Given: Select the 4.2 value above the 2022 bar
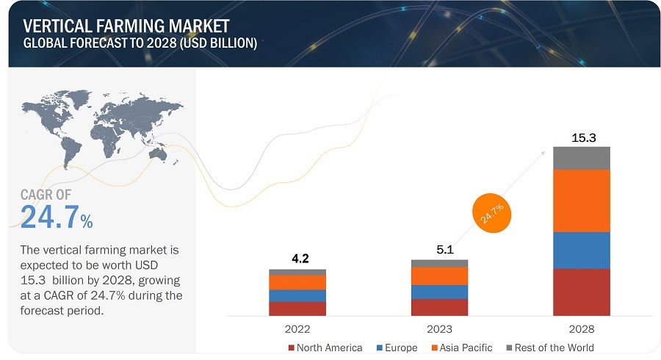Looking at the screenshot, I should (297, 259).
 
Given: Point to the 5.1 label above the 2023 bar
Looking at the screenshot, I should (439, 250).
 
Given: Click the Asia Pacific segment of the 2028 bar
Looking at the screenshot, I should (582, 201).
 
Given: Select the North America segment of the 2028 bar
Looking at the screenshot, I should (582, 292).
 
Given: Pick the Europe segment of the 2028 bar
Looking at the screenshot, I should (582, 250).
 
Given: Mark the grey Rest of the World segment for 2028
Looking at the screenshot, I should (582, 158).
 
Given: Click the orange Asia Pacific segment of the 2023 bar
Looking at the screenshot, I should (439, 276).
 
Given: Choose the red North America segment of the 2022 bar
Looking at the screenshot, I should (297, 309).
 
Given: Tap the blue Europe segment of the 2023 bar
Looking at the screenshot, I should (439, 292).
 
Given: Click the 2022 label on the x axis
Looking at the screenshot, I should (297, 329).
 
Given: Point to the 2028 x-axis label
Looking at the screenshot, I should (582, 329).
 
